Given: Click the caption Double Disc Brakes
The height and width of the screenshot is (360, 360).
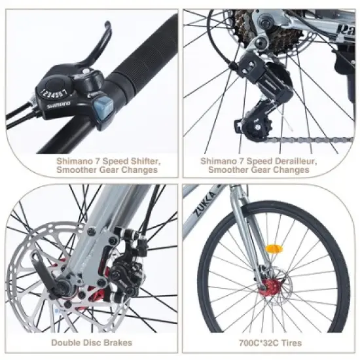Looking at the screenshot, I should click(92, 342).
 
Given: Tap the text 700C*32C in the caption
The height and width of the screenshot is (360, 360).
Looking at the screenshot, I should click(251, 342).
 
